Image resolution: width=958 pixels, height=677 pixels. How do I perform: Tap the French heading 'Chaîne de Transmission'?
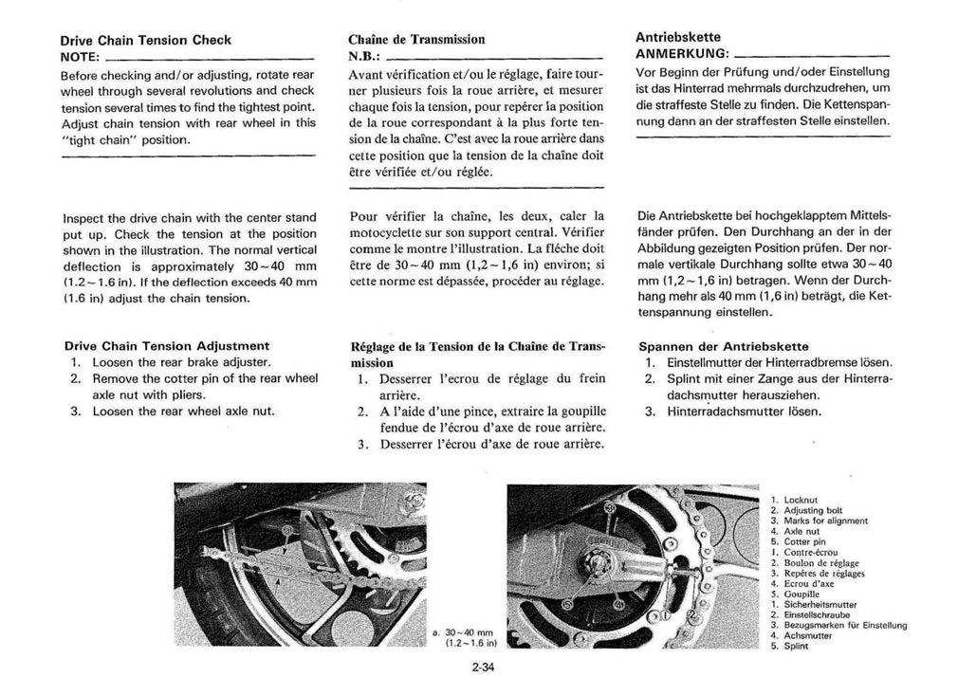[x=417, y=40]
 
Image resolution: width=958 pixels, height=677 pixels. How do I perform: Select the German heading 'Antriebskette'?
[x=678, y=36]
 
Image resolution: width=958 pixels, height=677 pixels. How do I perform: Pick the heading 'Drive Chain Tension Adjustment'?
[x=166, y=345]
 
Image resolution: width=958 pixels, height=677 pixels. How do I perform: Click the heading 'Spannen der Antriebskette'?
[x=726, y=346]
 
